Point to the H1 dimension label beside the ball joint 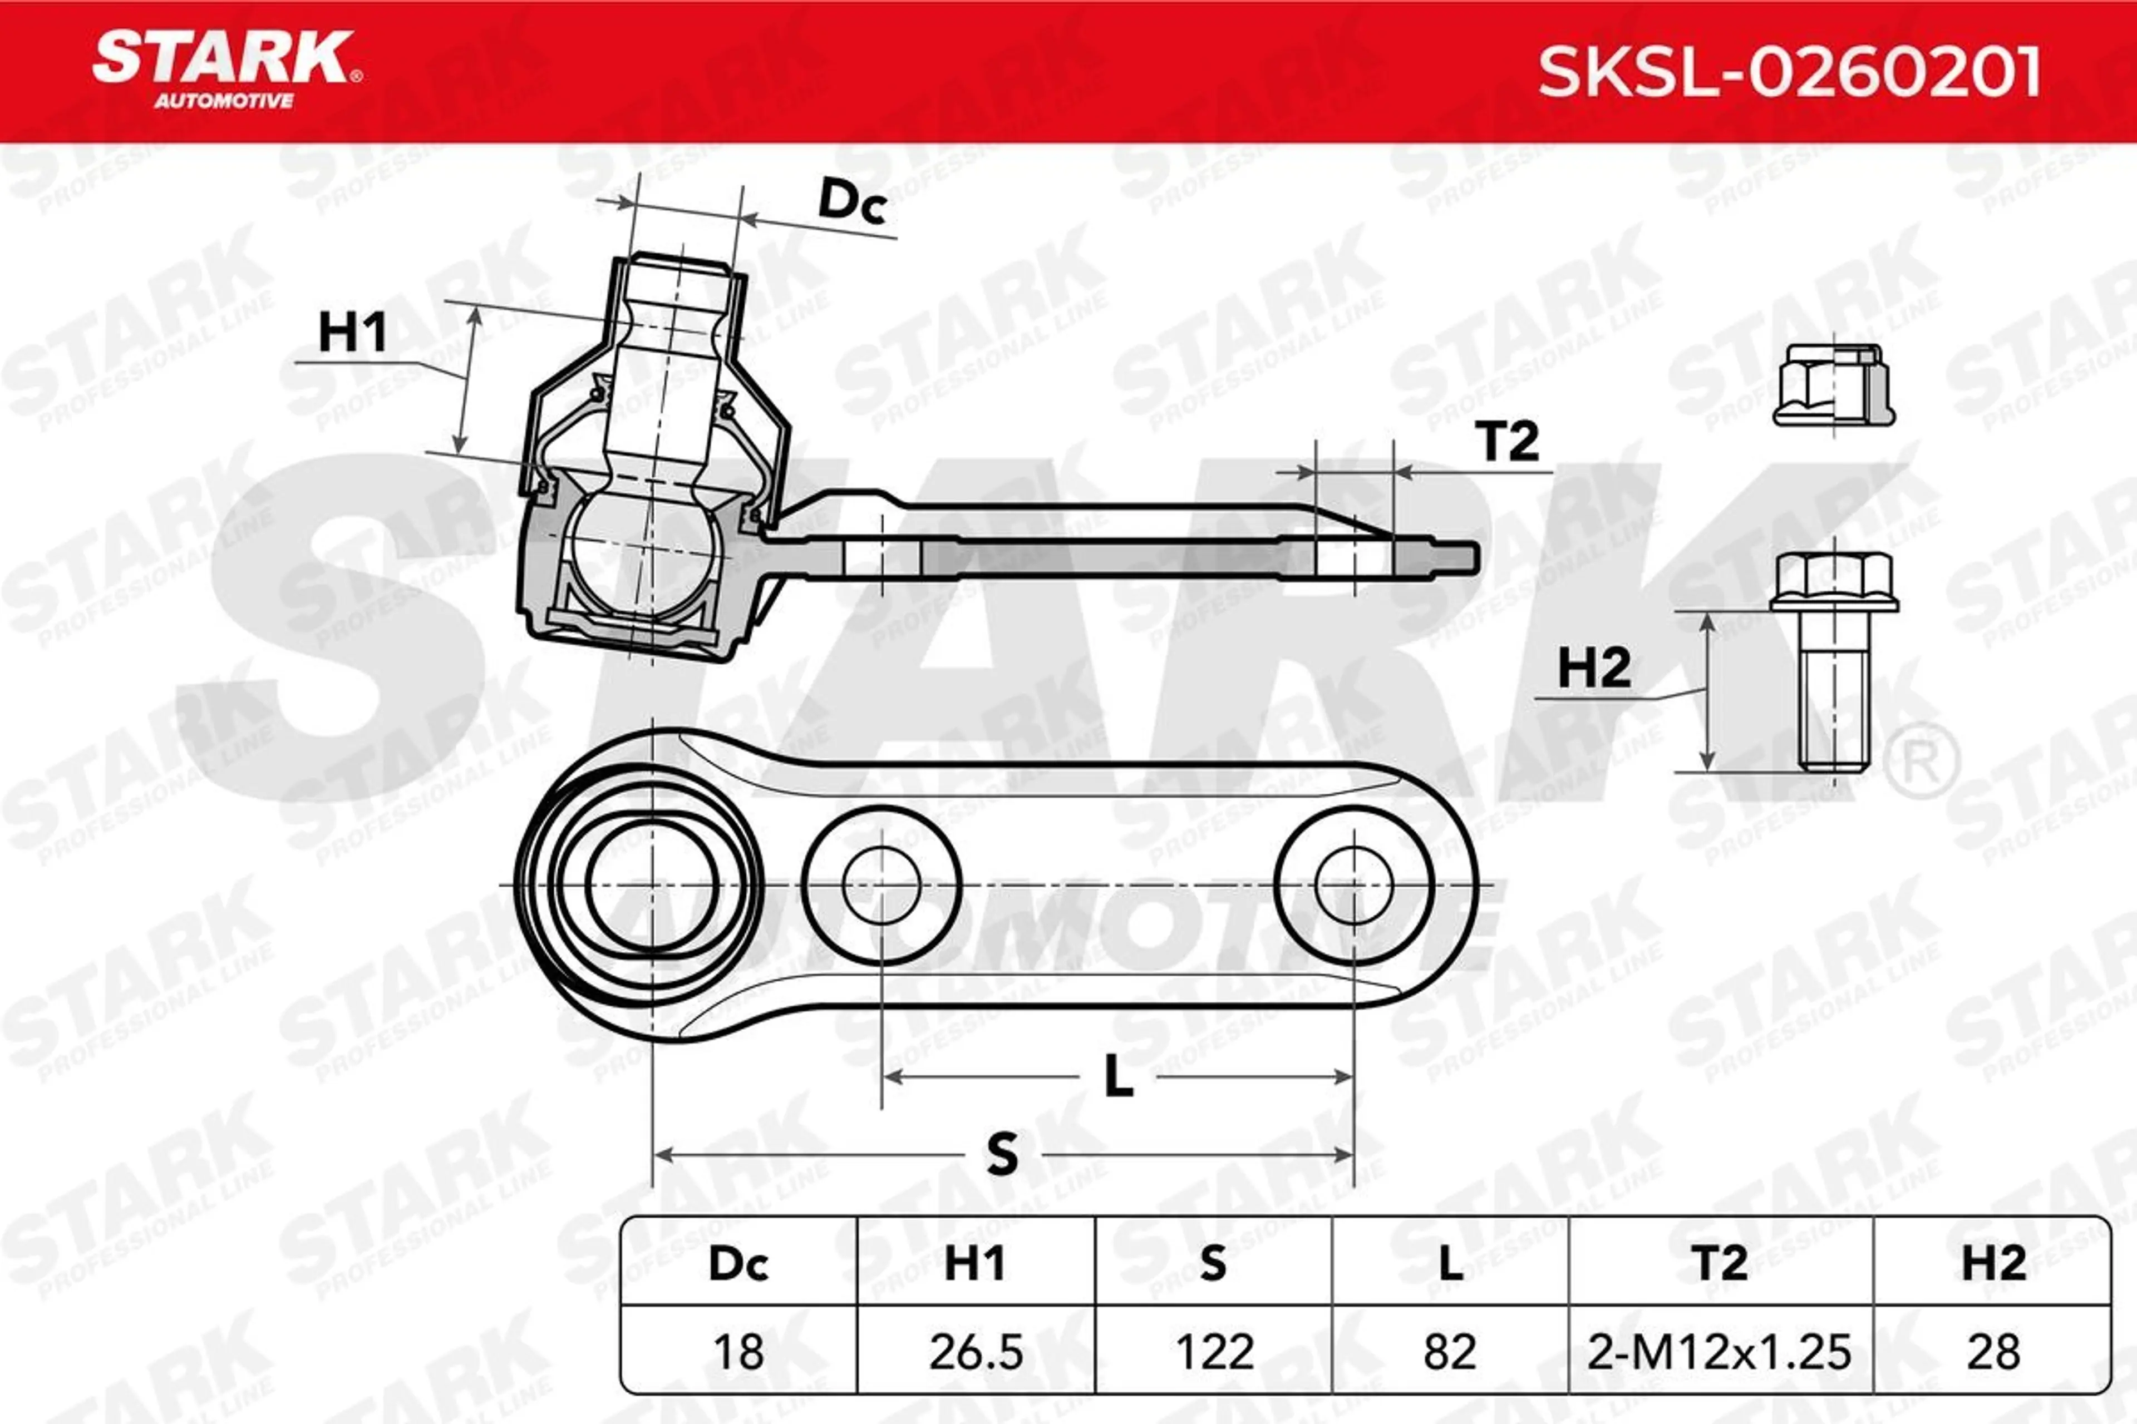(x=352, y=333)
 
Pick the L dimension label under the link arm (x=1119, y=1078)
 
